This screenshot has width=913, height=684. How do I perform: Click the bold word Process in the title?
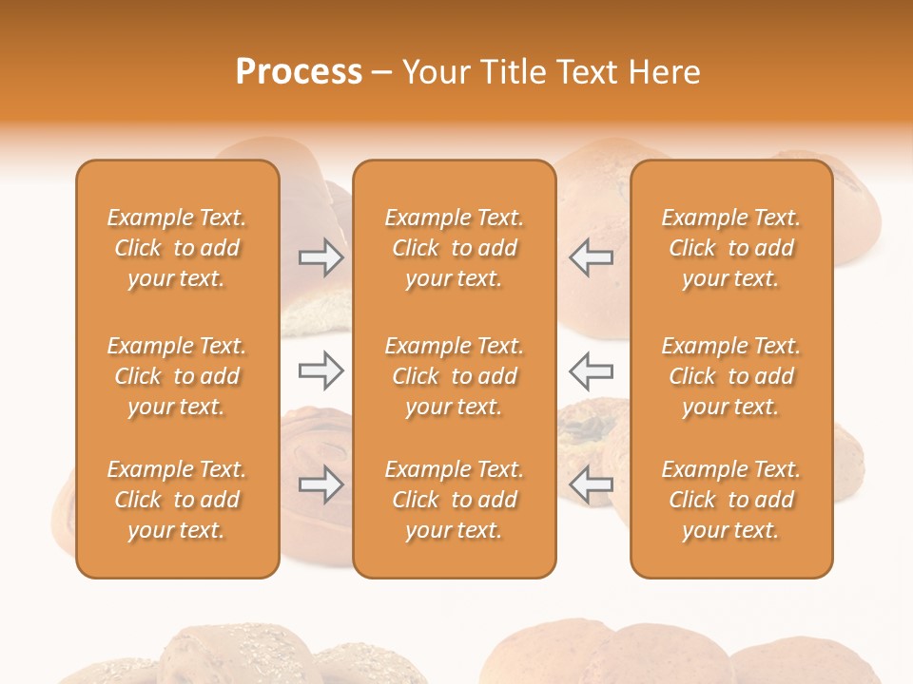(299, 72)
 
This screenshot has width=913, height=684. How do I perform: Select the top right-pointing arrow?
(321, 257)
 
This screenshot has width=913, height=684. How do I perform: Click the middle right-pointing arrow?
(321, 370)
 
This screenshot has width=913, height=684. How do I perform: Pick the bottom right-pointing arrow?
(321, 485)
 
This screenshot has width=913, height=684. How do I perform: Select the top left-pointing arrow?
(592, 257)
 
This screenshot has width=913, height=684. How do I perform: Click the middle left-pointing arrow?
(592, 370)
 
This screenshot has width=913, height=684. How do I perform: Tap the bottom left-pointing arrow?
(592, 485)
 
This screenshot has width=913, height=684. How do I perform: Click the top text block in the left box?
(177, 248)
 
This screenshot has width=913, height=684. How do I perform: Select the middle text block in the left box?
(177, 376)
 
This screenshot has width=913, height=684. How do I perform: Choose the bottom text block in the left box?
(177, 500)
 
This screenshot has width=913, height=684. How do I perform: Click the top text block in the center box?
(454, 248)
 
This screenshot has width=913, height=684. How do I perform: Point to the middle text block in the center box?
(454, 376)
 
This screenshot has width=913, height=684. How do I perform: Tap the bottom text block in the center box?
(454, 500)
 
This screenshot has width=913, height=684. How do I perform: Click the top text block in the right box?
(730, 248)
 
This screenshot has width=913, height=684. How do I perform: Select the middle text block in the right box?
(730, 376)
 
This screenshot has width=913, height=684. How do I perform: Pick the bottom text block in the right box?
(730, 500)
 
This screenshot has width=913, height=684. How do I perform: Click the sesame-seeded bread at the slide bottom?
(247, 655)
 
